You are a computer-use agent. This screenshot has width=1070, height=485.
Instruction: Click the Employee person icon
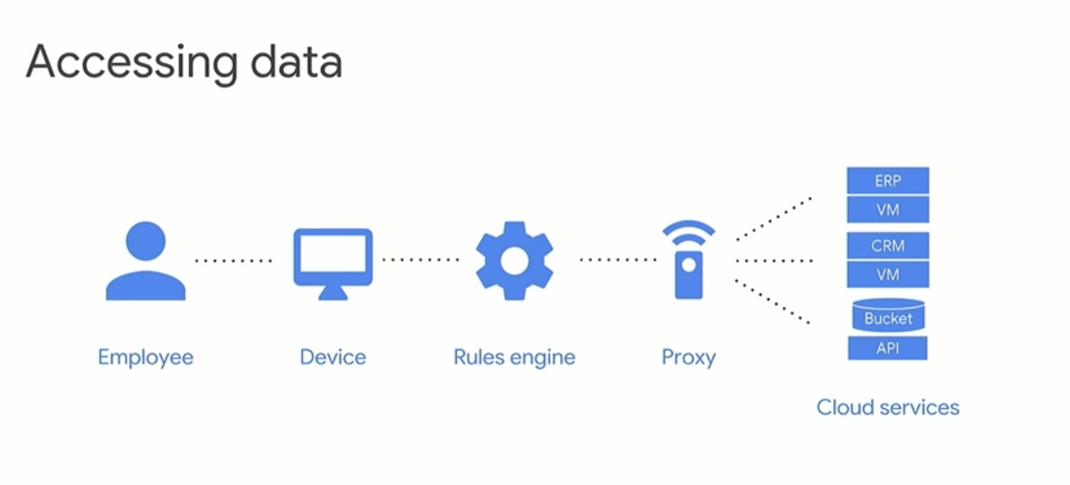point(145,261)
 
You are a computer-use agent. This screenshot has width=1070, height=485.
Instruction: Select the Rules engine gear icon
point(514,260)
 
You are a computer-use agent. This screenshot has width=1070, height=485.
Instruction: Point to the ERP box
point(888,181)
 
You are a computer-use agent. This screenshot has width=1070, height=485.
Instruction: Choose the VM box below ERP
point(888,210)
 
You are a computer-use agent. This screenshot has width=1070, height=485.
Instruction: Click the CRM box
point(888,245)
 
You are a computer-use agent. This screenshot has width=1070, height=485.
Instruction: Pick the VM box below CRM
point(888,274)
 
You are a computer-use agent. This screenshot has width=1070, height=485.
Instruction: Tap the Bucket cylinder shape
point(888,317)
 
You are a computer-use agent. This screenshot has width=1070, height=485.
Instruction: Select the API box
point(888,348)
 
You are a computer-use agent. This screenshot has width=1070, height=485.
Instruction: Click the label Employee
point(145,356)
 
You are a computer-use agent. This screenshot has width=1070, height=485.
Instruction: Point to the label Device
point(332,356)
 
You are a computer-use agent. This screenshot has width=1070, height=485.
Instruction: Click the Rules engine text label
point(514,356)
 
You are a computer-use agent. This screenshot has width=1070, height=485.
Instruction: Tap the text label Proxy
point(688,356)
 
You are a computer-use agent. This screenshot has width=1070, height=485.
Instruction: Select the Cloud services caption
point(888,406)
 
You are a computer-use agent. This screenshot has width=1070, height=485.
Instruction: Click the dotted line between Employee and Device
point(233,260)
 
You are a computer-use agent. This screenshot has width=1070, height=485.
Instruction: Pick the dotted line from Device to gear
point(421,259)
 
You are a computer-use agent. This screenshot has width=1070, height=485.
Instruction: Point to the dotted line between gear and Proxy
point(617,259)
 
